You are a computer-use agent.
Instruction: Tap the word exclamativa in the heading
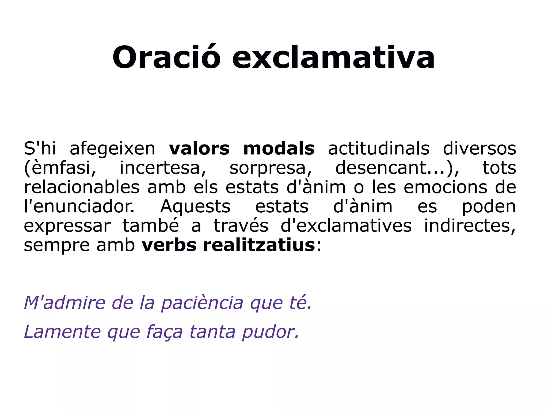pos(333,57)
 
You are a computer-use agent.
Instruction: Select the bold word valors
pos(199,149)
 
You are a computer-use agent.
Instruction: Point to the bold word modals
pos(279,149)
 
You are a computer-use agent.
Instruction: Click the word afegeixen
pos(112,149)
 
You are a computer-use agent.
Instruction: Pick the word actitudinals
pos(379,149)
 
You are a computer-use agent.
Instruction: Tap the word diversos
pos(479,149)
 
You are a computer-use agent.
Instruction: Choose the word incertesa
pos(163,168)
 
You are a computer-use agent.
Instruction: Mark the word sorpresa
pos(271,169)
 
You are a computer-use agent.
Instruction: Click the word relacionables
pos(82,187)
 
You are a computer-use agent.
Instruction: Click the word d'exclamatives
pos(346,226)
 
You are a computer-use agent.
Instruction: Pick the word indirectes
pos(470,226)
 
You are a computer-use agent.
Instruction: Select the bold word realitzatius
pos(259,245)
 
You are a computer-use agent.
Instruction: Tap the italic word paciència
pos(202,303)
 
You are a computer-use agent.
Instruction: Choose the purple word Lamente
pos(62,332)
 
